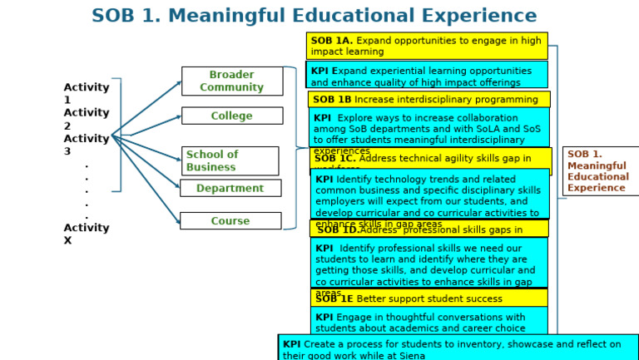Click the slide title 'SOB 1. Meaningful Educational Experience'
tap(314, 16)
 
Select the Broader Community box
tap(232, 81)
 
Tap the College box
tap(232, 116)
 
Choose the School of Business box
tap(230, 160)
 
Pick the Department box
tap(230, 188)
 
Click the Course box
tap(230, 221)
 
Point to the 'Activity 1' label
tap(86, 93)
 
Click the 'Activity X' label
tap(86, 234)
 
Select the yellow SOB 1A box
tap(427, 46)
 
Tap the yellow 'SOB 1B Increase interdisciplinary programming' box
tap(428, 99)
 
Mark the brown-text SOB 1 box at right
tap(600, 170)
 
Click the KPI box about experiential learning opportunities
tap(427, 76)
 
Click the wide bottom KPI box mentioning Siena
tap(458, 348)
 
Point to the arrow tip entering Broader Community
tap(180, 81)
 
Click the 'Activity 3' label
tap(86, 145)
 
